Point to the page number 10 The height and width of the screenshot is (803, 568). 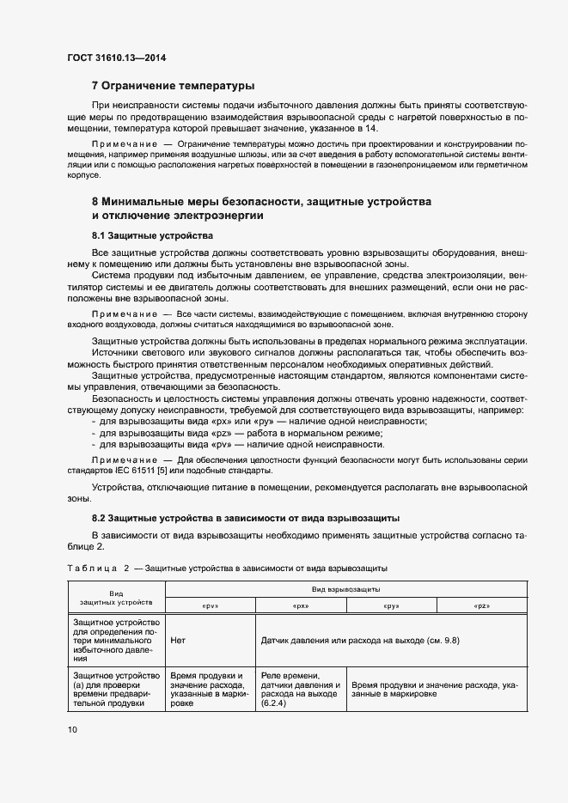pyautogui.click(x=71, y=729)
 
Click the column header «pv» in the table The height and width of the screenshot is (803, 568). pyautogui.click(x=210, y=605)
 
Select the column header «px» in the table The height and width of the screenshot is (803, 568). pyautogui.click(x=301, y=605)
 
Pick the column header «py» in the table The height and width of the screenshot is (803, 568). pyautogui.click(x=391, y=605)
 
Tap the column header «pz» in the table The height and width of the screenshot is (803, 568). pyautogui.click(x=481, y=605)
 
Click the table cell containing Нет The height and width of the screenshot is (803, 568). pyautogui.click(x=179, y=640)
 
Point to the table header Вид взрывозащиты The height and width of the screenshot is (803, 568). pyautogui.click(x=345, y=590)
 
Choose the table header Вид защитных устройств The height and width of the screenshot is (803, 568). pyautogui.click(x=116, y=598)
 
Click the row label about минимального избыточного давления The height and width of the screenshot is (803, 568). pyautogui.click(x=116, y=640)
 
